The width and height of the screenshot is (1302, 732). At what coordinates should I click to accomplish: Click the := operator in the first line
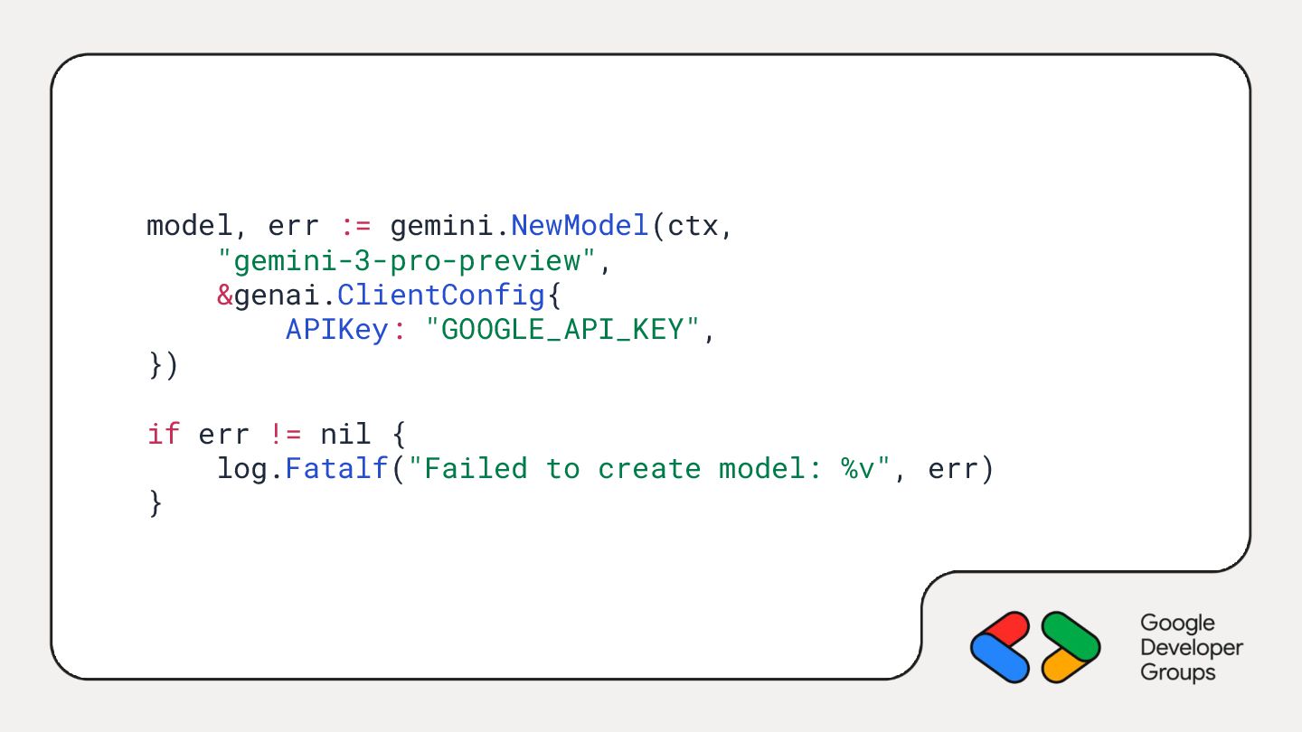point(355,226)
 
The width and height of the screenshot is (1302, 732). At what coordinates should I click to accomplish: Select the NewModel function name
point(580,226)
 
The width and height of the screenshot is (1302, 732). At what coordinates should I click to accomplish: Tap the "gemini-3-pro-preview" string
point(407,261)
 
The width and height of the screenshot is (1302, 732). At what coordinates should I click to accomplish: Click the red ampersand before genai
point(224,296)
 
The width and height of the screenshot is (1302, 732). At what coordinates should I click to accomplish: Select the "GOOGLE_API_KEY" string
point(561,330)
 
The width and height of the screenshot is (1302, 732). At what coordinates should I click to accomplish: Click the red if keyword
point(164,434)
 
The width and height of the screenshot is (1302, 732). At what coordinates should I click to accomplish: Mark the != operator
point(286,434)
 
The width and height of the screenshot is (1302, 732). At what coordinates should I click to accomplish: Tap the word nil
point(346,434)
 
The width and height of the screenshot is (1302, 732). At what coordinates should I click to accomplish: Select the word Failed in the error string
point(476,469)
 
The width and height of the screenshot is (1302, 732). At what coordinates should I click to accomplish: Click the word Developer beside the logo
point(1192,648)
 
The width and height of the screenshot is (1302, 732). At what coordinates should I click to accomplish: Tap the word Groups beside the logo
point(1177,672)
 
